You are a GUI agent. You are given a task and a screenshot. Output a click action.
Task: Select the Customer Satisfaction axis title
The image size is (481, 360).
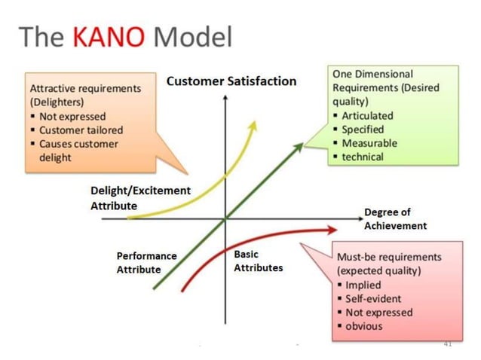point(231,81)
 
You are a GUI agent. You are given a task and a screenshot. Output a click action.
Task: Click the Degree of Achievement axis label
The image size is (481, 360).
point(395,218)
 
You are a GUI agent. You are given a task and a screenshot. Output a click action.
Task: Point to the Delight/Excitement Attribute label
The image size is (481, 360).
point(140,198)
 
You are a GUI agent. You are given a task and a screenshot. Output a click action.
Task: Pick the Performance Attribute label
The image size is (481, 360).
point(146,262)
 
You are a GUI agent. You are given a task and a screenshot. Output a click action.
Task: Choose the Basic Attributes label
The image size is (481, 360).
point(258,261)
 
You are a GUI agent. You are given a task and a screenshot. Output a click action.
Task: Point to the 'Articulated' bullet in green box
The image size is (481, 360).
point(367,115)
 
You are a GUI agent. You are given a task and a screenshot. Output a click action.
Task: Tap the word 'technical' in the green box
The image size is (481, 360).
point(363,157)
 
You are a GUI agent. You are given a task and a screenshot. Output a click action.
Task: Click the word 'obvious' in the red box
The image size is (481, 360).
point(363,325)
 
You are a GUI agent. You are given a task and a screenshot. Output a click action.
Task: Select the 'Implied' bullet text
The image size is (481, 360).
point(363,285)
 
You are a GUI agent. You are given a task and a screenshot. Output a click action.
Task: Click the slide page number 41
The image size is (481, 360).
point(447,343)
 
